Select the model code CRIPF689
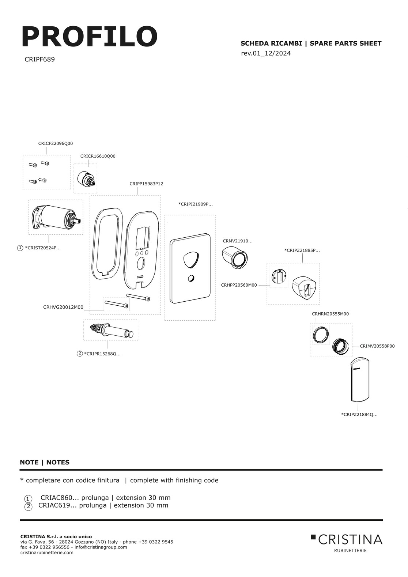39,60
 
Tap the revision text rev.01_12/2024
266,53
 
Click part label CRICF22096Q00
55,143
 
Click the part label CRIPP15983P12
146,184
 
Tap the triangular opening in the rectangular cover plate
191,260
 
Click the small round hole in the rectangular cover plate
191,278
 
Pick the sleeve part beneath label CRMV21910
235,257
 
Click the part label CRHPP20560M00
239,285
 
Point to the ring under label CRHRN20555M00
321,335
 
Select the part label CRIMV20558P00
377,346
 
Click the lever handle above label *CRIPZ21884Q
360,379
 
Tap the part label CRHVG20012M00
63,307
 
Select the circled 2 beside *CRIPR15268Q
80,354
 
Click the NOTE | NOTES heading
45,463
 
